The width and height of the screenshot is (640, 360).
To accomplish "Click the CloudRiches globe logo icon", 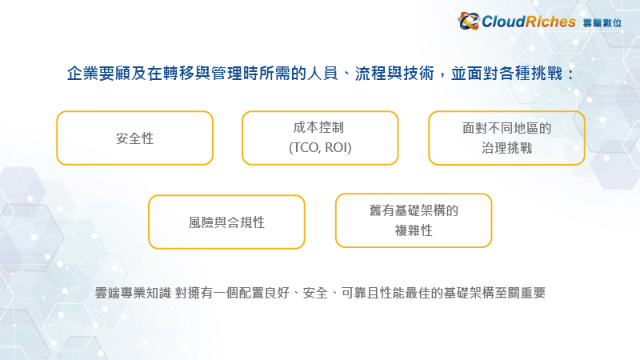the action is [x=469, y=21].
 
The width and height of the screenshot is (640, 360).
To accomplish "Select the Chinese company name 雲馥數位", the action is [x=602, y=23].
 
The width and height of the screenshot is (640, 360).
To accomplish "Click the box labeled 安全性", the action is [x=134, y=138].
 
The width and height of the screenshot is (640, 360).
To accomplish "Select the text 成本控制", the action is [x=318, y=127].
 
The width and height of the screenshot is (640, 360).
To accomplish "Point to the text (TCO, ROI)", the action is [x=320, y=147].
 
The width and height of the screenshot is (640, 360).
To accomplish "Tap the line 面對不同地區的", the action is [x=506, y=128].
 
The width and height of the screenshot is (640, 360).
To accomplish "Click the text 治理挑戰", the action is [x=506, y=148].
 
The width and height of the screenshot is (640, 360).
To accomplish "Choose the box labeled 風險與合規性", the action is [x=226, y=222].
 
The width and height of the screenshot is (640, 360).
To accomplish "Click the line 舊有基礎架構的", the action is [x=414, y=210].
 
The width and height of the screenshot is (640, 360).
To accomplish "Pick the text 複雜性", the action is [x=414, y=230].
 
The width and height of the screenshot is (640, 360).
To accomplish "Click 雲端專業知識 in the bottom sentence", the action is [x=133, y=293].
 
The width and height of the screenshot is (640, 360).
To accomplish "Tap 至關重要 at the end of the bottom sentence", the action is [x=520, y=293].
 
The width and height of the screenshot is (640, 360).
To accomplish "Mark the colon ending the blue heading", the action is [x=570, y=74].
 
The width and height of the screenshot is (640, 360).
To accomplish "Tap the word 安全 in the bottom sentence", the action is [x=315, y=293].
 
